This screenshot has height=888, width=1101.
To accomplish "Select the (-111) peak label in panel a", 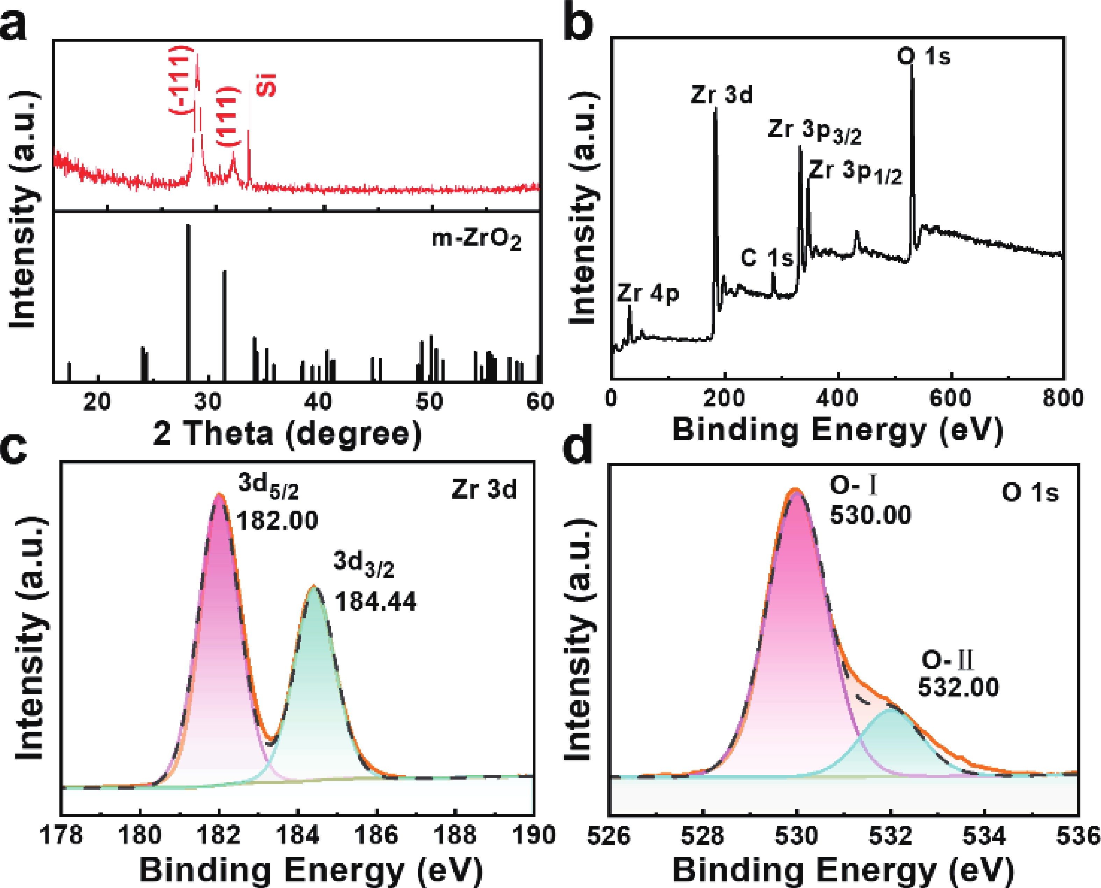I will point(181,79).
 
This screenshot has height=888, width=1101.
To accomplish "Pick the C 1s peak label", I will point(767,258).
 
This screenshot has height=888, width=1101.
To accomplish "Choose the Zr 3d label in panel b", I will point(721,95).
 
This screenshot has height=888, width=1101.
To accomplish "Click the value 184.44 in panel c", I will point(376,602).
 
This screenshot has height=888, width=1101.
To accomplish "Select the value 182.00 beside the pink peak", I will point(277,521).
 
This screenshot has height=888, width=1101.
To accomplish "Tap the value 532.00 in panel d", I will point(958,687).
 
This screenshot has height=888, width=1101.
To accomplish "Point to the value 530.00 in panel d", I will point(870,514).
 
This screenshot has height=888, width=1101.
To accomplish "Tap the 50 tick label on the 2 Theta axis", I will point(429,402).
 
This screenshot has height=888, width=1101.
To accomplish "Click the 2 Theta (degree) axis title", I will point(288,434).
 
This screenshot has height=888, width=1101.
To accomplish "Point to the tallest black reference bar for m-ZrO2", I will point(188,302).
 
